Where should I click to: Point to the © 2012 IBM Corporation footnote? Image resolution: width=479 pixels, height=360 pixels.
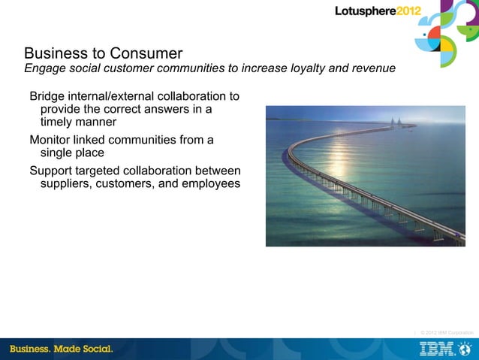coord(447,332)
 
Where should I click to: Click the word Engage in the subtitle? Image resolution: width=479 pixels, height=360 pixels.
coord(45,69)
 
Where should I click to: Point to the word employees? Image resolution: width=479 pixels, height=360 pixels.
coord(209,183)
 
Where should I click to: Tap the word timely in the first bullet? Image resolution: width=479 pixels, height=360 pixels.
coord(58,123)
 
